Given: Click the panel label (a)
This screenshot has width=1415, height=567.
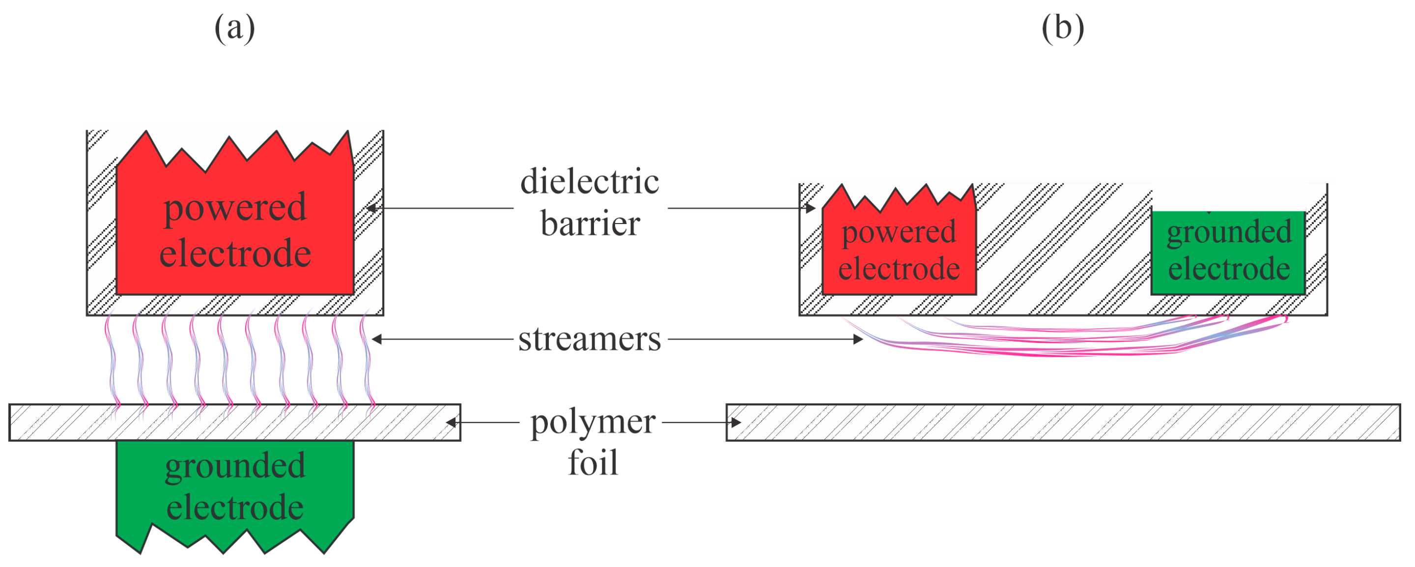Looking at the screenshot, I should [x=234, y=28].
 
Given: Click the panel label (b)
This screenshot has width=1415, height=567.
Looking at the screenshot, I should [x=1062, y=28].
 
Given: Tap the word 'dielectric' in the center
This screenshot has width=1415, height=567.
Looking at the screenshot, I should [x=590, y=182].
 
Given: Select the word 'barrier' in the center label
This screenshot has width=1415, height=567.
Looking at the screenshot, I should [x=590, y=224].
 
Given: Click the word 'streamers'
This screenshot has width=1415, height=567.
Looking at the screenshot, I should [x=590, y=339].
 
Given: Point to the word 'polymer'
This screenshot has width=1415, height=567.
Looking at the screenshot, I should [x=592, y=423].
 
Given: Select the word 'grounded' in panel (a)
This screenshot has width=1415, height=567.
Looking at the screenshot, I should [x=235, y=466].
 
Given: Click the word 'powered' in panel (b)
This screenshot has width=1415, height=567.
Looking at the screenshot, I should [x=899, y=232].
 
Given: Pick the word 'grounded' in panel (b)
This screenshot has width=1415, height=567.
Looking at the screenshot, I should [x=1229, y=232].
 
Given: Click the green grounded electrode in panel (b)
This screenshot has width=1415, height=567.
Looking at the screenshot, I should [x=1228, y=285].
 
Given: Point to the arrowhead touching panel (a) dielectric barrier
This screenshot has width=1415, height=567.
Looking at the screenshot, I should [x=371, y=208].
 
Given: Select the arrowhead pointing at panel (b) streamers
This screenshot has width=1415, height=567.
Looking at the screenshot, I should [x=857, y=339].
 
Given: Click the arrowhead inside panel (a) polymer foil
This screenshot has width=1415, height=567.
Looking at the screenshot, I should [x=451, y=423].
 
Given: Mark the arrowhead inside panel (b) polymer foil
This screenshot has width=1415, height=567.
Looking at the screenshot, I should [x=736, y=423].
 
